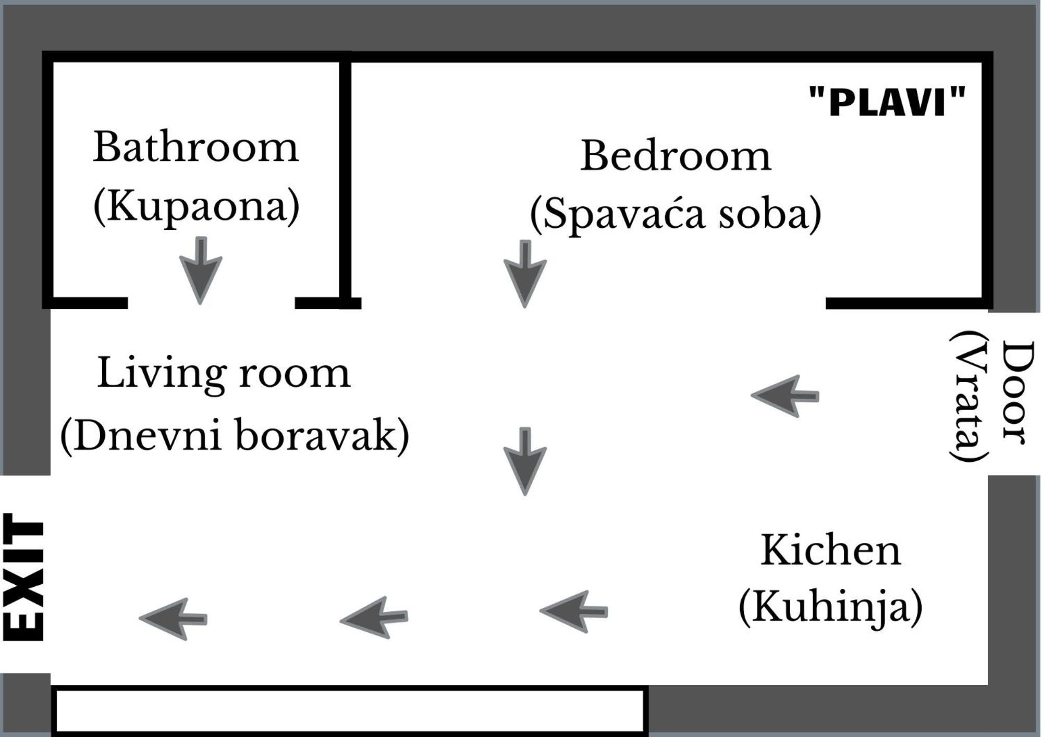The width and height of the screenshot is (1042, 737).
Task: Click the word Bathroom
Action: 196,147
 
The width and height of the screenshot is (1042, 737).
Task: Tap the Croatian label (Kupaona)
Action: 197,206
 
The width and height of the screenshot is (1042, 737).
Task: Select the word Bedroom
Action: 676,155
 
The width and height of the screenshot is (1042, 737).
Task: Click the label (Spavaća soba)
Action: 676,214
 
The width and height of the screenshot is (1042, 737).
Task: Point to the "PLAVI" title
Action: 887,101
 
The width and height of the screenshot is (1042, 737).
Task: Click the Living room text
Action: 224,373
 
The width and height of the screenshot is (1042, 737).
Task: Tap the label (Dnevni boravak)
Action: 235,435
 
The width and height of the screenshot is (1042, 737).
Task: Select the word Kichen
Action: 831,550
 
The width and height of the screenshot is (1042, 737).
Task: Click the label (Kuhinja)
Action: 831,607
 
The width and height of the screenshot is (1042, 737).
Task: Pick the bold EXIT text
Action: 24,576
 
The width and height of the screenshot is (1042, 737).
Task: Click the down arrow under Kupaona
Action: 201,271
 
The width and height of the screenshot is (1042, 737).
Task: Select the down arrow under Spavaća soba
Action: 525,274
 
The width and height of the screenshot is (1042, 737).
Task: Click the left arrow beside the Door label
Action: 785,396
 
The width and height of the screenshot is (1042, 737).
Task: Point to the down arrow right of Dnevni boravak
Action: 525,461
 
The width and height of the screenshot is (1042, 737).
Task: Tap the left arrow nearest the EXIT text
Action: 173,619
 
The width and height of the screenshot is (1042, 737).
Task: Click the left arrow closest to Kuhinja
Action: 573,611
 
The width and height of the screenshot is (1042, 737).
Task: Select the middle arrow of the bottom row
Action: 374,618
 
